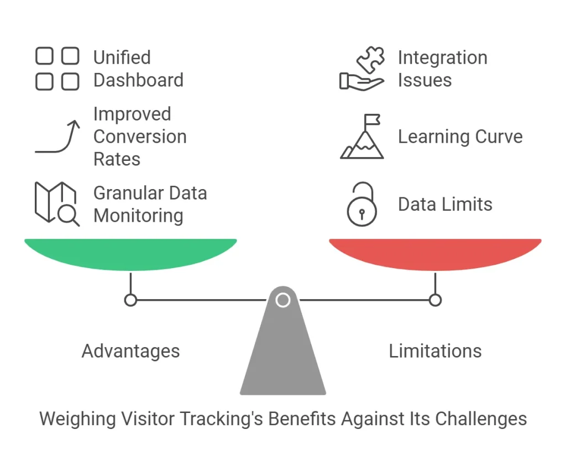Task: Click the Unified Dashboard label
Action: coord(138,69)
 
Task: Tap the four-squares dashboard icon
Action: coord(57,69)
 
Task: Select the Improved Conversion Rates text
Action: coord(140,137)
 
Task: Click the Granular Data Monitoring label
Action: coord(150,204)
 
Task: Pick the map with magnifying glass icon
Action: coord(57,203)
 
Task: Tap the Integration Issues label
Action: coord(442,69)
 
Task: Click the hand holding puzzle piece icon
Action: coord(362,69)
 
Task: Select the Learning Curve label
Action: coord(460,137)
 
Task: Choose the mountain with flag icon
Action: coord(362,137)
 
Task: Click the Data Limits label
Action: coord(445,204)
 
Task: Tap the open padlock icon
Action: coord(362,205)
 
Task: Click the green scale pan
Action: coord(130,253)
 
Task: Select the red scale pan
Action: coord(435,253)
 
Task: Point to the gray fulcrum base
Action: coord(283,354)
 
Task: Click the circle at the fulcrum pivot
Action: coord(283,300)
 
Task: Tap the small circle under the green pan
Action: coord(130,300)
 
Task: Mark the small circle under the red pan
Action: coord(436,300)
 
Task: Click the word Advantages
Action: coord(130,351)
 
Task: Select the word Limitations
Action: coord(435,351)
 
